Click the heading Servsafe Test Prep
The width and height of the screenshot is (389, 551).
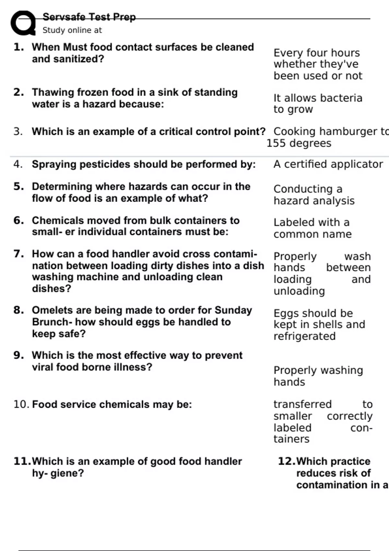pos(89,17)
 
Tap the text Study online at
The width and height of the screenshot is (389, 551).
pos(72,30)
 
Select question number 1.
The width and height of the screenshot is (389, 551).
pos(19,47)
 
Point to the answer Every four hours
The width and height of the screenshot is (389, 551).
pos(316,53)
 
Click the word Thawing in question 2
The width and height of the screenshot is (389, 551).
pos(53,92)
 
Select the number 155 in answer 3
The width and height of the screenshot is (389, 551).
pos(276,143)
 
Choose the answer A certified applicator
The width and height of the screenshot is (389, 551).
pos(328,164)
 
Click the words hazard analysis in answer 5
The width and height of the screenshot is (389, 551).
pos(314,201)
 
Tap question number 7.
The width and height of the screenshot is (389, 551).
pos(19,254)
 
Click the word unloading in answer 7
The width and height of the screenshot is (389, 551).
pos(299,291)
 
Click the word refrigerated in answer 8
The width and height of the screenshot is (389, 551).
pos(304,336)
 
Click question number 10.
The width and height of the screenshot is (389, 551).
pos(21,404)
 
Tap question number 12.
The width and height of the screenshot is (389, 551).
pos(286,461)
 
